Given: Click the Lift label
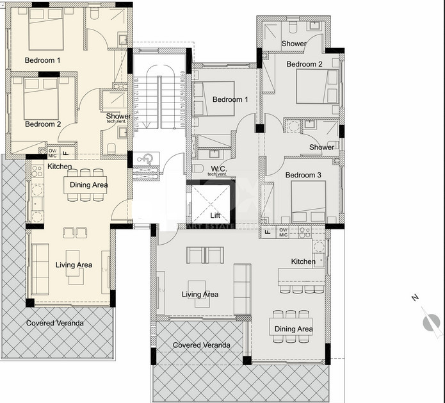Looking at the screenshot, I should (x=214, y=216).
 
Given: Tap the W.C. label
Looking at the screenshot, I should (x=218, y=169).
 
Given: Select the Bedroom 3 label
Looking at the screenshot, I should (x=303, y=175).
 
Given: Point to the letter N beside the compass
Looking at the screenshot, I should (x=415, y=298).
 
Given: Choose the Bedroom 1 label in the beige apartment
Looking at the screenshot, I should (x=42, y=60).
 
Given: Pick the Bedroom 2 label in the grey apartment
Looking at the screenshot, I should (x=304, y=64).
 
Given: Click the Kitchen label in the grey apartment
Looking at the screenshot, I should (x=303, y=261).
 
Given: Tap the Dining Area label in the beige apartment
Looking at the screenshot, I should (x=89, y=185).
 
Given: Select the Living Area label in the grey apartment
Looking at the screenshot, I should (x=200, y=295).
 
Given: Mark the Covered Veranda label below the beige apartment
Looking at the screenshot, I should (x=54, y=323).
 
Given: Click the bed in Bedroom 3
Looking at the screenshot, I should (x=308, y=202).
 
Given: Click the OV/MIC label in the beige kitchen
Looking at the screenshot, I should (x=53, y=152).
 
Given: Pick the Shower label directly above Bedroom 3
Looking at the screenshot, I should (x=321, y=147).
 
